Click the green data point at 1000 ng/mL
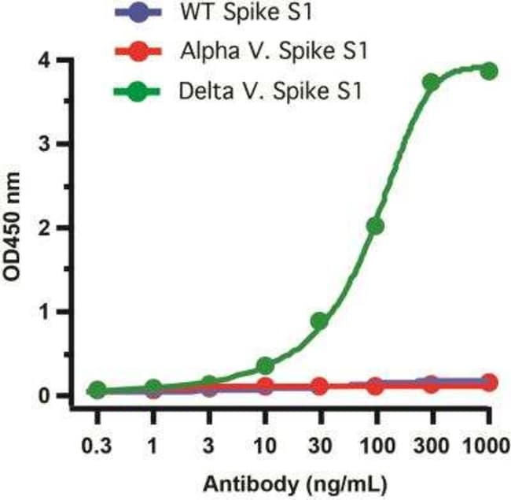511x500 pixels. (489, 71)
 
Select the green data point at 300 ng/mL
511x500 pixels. (431, 82)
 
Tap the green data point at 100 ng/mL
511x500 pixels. (375, 226)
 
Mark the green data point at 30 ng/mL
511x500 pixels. (319, 321)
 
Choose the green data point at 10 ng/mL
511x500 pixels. (265, 366)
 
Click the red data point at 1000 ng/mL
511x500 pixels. (489, 382)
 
